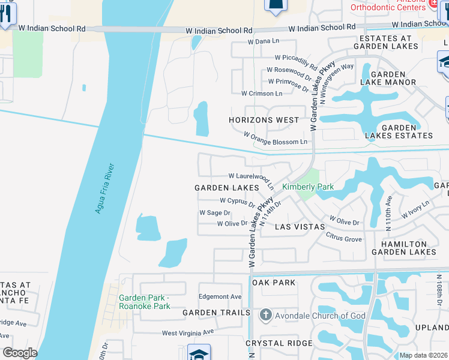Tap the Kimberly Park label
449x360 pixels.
coord(308,187)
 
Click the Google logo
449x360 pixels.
coord(20,353)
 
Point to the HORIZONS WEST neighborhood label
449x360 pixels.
coord(264,120)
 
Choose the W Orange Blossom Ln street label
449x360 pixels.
coord(276,142)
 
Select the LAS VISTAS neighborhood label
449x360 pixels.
coord(300,227)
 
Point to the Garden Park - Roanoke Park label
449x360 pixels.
coord(145,302)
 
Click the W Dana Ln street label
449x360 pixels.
coord(265,42)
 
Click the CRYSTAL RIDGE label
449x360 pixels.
coord(279,343)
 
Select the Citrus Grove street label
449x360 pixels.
coord(344,239)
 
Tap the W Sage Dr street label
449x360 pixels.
coord(215,213)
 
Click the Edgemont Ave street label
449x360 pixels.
coord(220,296)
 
